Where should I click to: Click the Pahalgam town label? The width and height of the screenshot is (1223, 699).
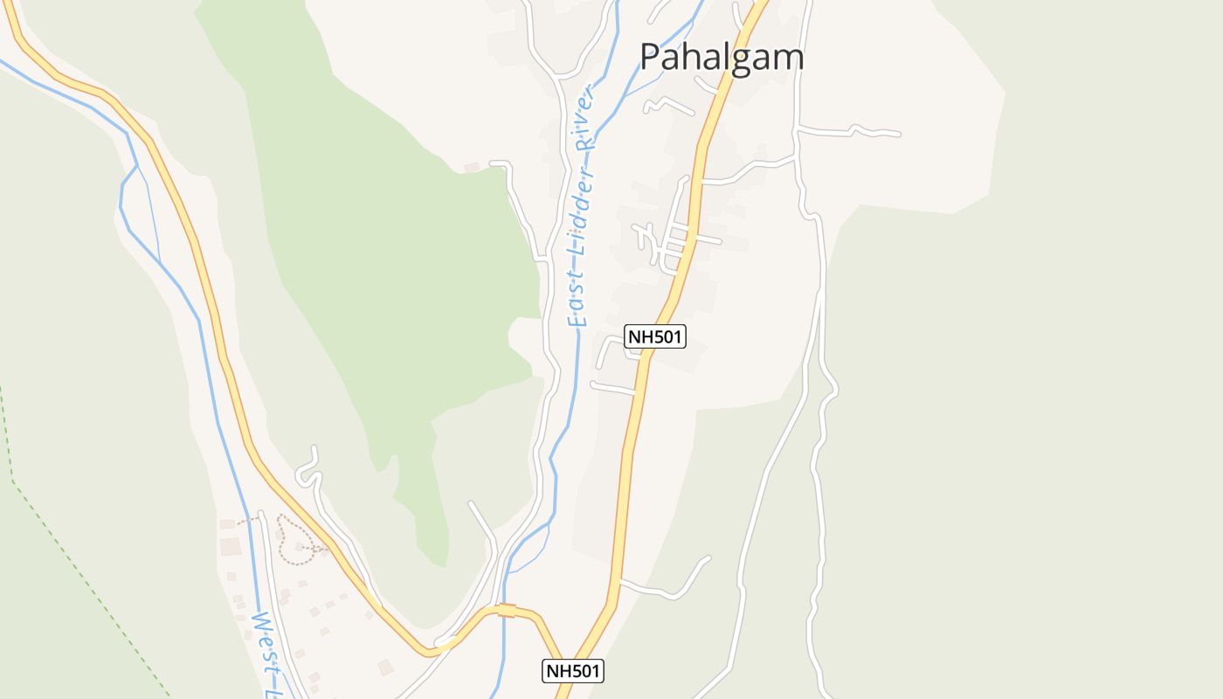pyautogui.click(x=722, y=58)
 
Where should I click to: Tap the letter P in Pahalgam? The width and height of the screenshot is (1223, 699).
pyautogui.click(x=651, y=58)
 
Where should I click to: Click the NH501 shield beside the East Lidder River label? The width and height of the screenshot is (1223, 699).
pyautogui.click(x=655, y=336)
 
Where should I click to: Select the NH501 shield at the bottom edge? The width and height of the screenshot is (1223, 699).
pyautogui.click(x=573, y=671)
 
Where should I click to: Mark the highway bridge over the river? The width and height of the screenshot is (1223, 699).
pyautogui.click(x=507, y=611)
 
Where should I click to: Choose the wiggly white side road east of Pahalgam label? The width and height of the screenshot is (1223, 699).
pyautogui.click(x=852, y=132)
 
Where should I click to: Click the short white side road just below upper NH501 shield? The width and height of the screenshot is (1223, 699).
pyautogui.click(x=611, y=387)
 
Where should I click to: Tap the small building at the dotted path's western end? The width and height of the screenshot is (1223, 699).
pyautogui.click(x=228, y=523)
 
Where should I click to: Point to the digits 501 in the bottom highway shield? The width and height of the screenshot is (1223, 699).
pyautogui.click(x=584, y=671)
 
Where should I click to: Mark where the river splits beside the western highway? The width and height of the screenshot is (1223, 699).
pyautogui.click(x=136, y=165)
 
